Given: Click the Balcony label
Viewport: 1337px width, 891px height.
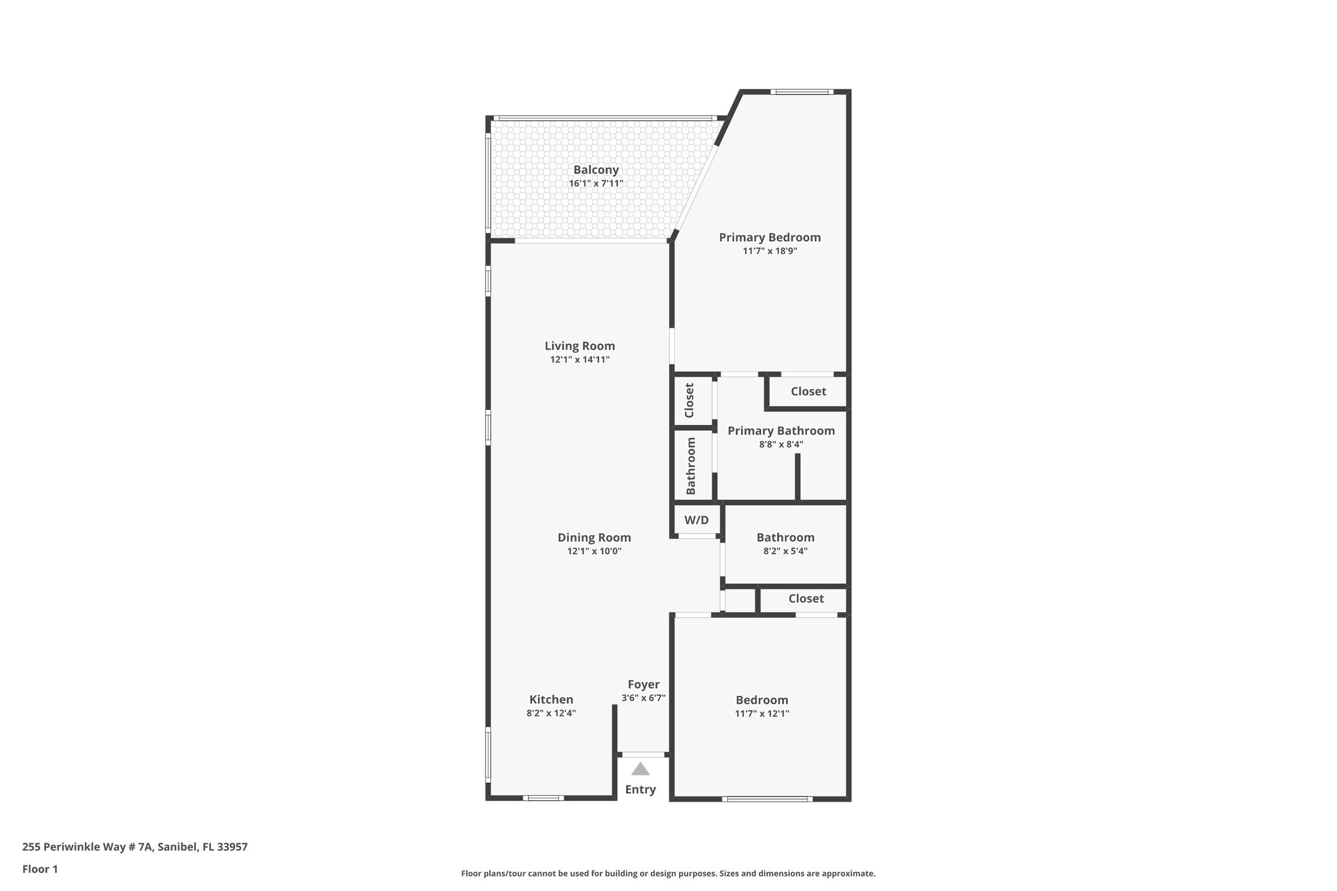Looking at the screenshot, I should tap(595, 170).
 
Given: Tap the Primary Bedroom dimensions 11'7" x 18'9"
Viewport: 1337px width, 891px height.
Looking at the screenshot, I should tap(770, 251).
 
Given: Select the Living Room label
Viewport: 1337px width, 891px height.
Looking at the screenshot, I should tap(580, 346).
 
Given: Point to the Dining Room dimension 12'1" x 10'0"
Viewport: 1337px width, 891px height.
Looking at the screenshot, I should tap(594, 551).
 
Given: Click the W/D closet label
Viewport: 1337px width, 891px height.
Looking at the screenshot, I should tap(696, 520).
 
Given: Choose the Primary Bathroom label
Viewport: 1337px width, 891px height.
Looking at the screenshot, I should tap(781, 431).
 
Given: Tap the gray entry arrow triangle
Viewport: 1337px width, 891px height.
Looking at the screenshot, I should tap(640, 769).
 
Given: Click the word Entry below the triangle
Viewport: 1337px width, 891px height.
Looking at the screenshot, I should tap(640, 789).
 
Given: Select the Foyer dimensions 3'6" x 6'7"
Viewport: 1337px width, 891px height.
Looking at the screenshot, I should tap(643, 698).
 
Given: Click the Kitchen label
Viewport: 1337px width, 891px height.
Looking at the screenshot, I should tap(551, 700).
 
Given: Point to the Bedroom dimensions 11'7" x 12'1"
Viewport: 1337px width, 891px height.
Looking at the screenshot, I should tap(762, 713).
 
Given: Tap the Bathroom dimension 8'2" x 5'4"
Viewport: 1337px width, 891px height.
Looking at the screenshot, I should tap(785, 551).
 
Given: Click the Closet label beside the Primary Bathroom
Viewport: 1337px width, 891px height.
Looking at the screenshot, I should tap(808, 391).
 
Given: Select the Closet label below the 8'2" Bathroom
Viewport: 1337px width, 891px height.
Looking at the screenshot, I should tap(806, 599).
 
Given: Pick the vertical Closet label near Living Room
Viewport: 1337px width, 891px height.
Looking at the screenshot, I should tap(689, 400).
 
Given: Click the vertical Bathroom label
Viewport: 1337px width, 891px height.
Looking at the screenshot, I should tap(691, 465).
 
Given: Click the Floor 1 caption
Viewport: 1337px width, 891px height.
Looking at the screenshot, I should tap(40, 869).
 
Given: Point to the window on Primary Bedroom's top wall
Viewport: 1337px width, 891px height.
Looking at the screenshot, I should tap(801, 92).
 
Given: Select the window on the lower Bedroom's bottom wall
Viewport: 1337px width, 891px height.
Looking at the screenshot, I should tap(767, 799).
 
